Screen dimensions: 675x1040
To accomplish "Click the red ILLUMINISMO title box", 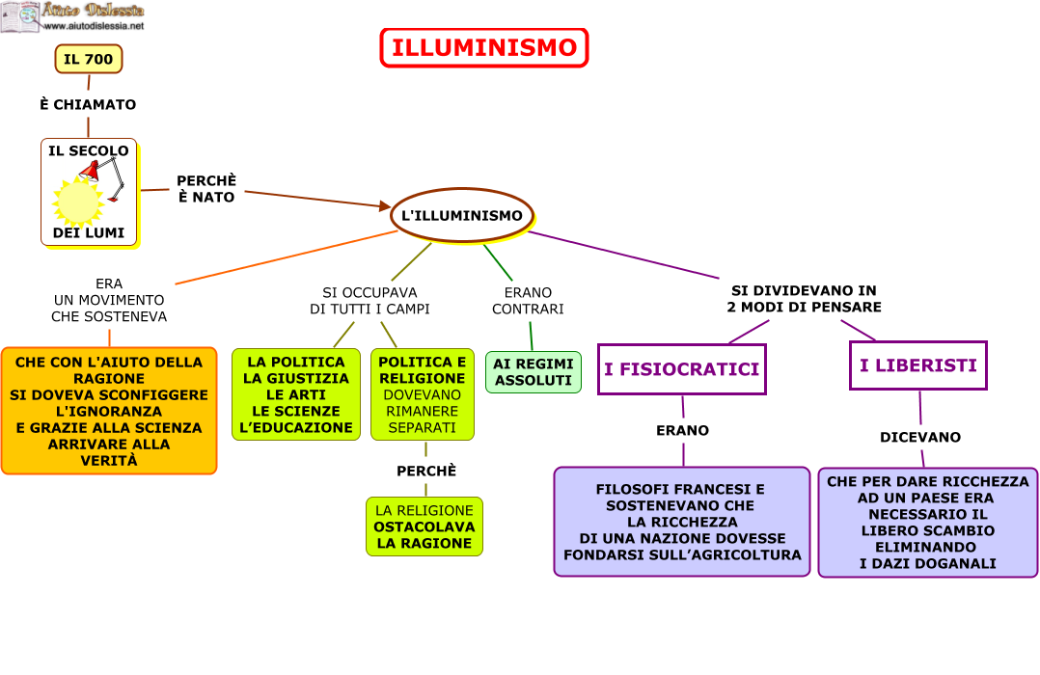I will (484, 48).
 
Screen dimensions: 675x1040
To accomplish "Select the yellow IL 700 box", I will (89, 59).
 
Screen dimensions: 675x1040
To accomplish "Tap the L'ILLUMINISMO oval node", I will (462, 215).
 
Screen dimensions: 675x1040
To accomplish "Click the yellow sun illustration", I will (77, 202).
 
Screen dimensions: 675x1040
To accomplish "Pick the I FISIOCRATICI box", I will (681, 368).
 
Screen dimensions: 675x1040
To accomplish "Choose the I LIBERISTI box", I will (917, 365).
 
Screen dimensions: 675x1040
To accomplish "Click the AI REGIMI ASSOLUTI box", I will (533, 372).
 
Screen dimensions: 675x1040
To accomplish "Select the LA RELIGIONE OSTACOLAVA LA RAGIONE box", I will (424, 526).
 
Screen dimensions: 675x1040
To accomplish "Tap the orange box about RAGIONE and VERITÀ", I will (109, 411).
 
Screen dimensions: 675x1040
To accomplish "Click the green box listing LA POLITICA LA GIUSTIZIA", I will (295, 394).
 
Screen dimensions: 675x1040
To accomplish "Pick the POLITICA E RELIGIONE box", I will (422, 394).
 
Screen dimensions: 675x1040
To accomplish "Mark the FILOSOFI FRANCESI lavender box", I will (682, 522).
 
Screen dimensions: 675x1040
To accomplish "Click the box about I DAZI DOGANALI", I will (927, 523).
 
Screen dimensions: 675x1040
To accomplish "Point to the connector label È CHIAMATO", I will (88, 104).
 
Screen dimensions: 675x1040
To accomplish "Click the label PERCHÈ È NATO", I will (205, 188).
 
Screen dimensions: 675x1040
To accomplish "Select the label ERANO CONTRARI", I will (528, 301).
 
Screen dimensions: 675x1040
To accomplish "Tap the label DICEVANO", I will (919, 437).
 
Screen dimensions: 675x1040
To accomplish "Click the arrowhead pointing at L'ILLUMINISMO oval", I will (383, 205).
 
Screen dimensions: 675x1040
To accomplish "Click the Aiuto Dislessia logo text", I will (93, 12).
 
